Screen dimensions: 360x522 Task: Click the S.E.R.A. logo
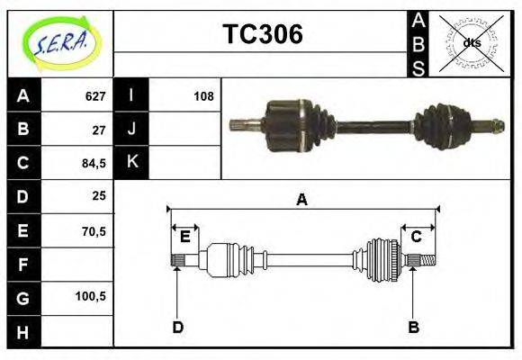(60, 42)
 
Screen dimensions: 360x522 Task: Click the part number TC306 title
(262, 35)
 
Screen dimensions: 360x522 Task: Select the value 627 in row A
(95, 95)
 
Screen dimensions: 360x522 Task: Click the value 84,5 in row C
(94, 162)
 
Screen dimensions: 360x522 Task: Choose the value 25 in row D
(98, 195)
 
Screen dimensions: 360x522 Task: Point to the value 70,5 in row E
(94, 230)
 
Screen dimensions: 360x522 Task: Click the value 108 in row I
(202, 95)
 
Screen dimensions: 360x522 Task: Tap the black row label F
(23, 265)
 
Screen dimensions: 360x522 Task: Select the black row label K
(130, 162)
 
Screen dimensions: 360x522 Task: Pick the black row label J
(130, 129)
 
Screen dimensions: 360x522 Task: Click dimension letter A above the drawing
(301, 200)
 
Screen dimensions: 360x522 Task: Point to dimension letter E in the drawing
(184, 237)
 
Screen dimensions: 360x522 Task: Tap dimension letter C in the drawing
(417, 237)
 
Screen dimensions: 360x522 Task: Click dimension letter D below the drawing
(177, 327)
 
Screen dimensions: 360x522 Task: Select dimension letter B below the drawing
(413, 327)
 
